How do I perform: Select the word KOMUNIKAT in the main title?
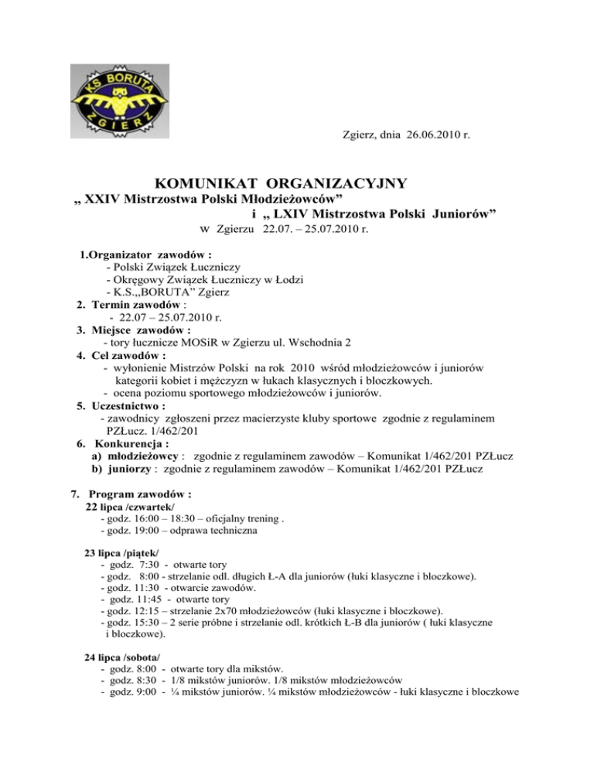[x=205, y=184]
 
